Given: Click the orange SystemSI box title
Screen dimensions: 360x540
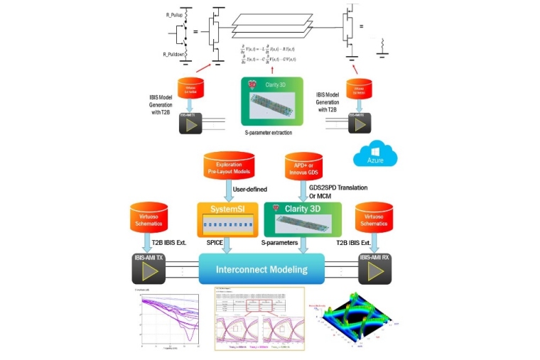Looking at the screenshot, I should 227,210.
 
